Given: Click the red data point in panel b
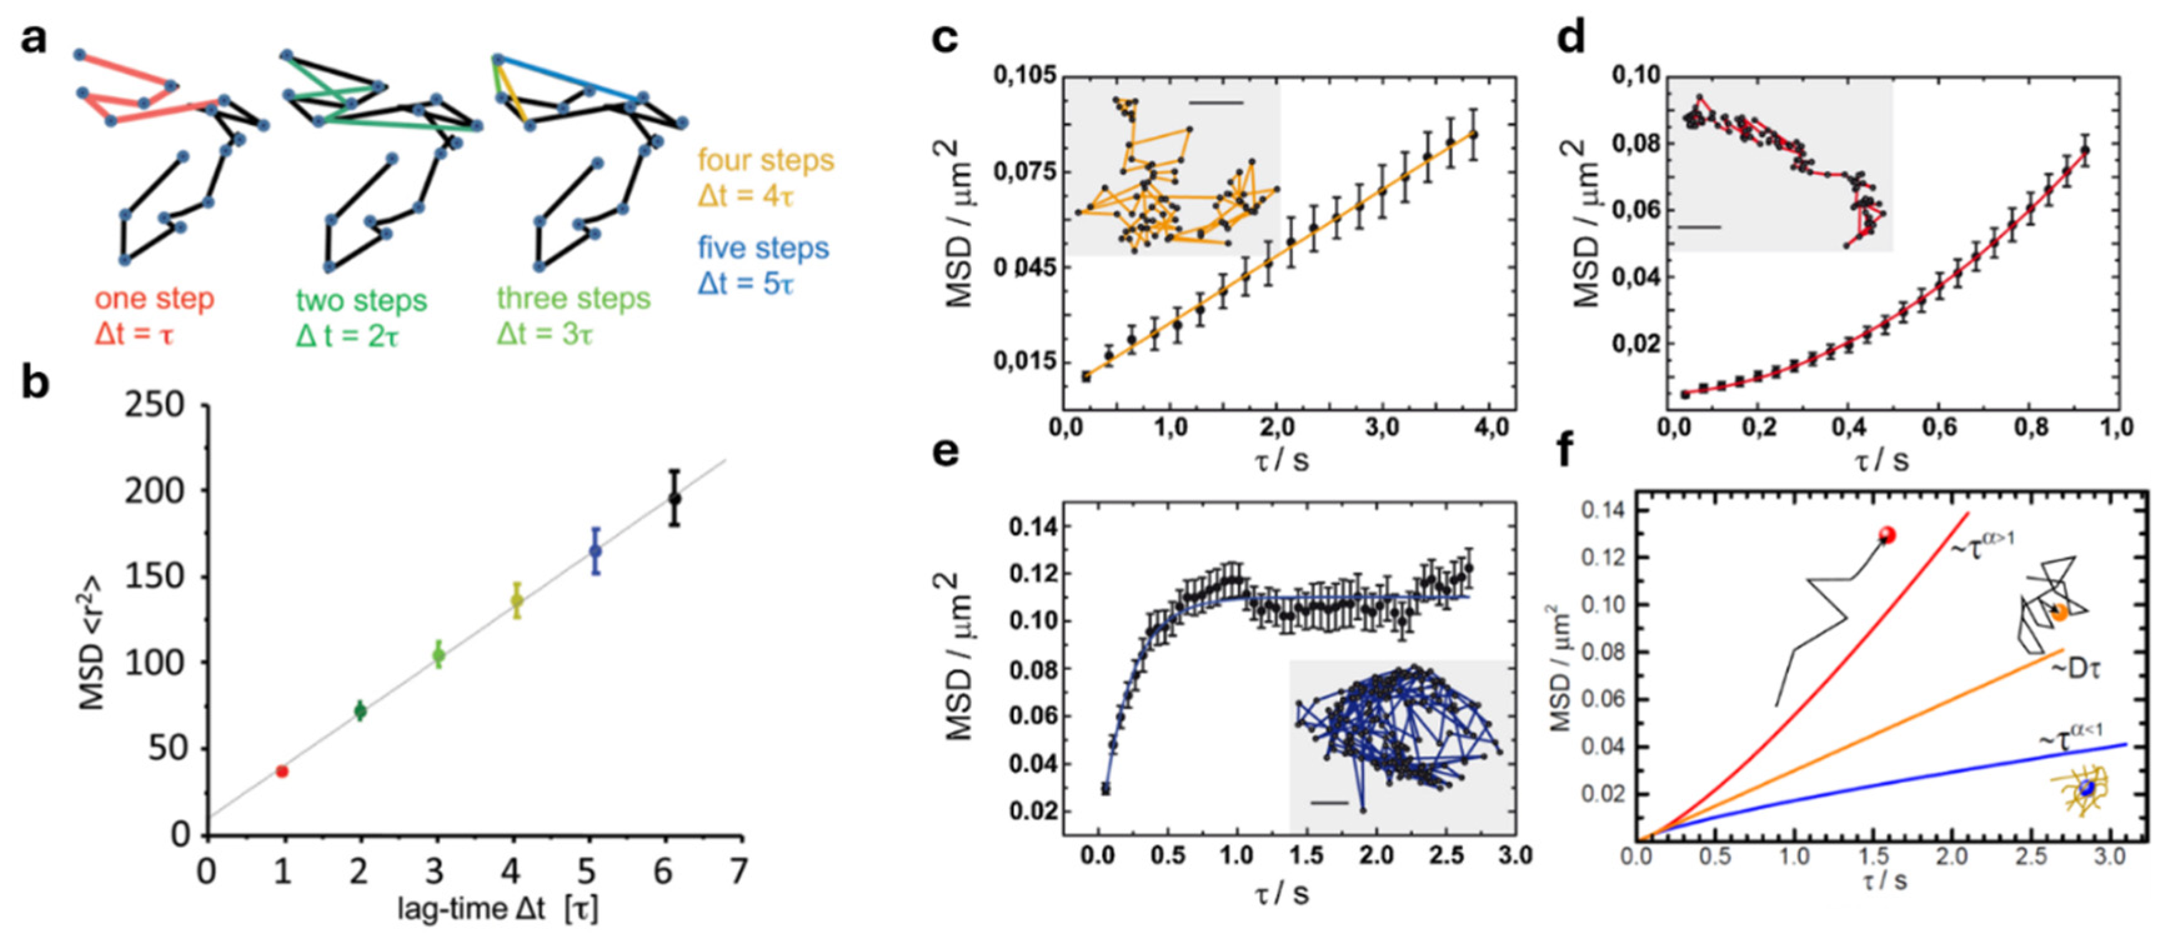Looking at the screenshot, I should [x=282, y=770].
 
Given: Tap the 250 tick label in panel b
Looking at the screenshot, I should [x=154, y=406].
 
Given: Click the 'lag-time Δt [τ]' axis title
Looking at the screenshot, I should [x=497, y=909].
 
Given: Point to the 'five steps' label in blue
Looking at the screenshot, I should [x=763, y=248].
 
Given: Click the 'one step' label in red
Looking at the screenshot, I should [x=154, y=299].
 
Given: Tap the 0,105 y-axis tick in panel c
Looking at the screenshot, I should [x=1023, y=76].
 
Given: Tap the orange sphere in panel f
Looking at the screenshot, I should [x=2059, y=613].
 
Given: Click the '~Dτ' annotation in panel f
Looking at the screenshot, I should [x=2074, y=669].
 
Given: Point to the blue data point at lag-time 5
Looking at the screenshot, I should [x=595, y=550].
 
